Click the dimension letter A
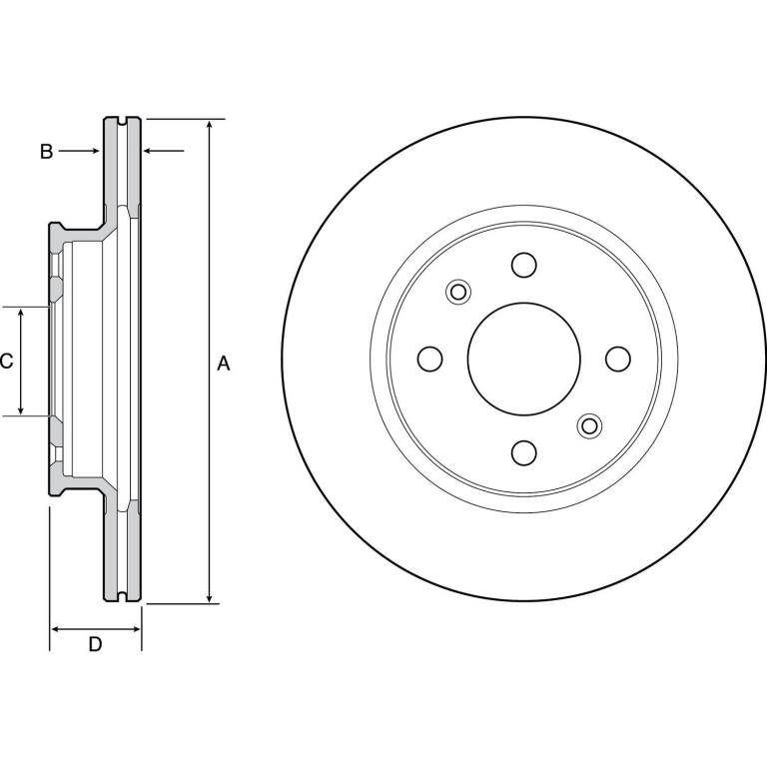tap(223, 364)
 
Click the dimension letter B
tap(47, 152)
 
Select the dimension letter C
tap(6, 361)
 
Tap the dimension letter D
tap(96, 644)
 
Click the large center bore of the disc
tap(524, 359)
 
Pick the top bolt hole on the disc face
tap(524, 265)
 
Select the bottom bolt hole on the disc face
tap(524, 452)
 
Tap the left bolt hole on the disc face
tap(430, 359)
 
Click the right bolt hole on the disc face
tap(618, 359)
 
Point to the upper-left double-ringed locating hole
tap(458, 292)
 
